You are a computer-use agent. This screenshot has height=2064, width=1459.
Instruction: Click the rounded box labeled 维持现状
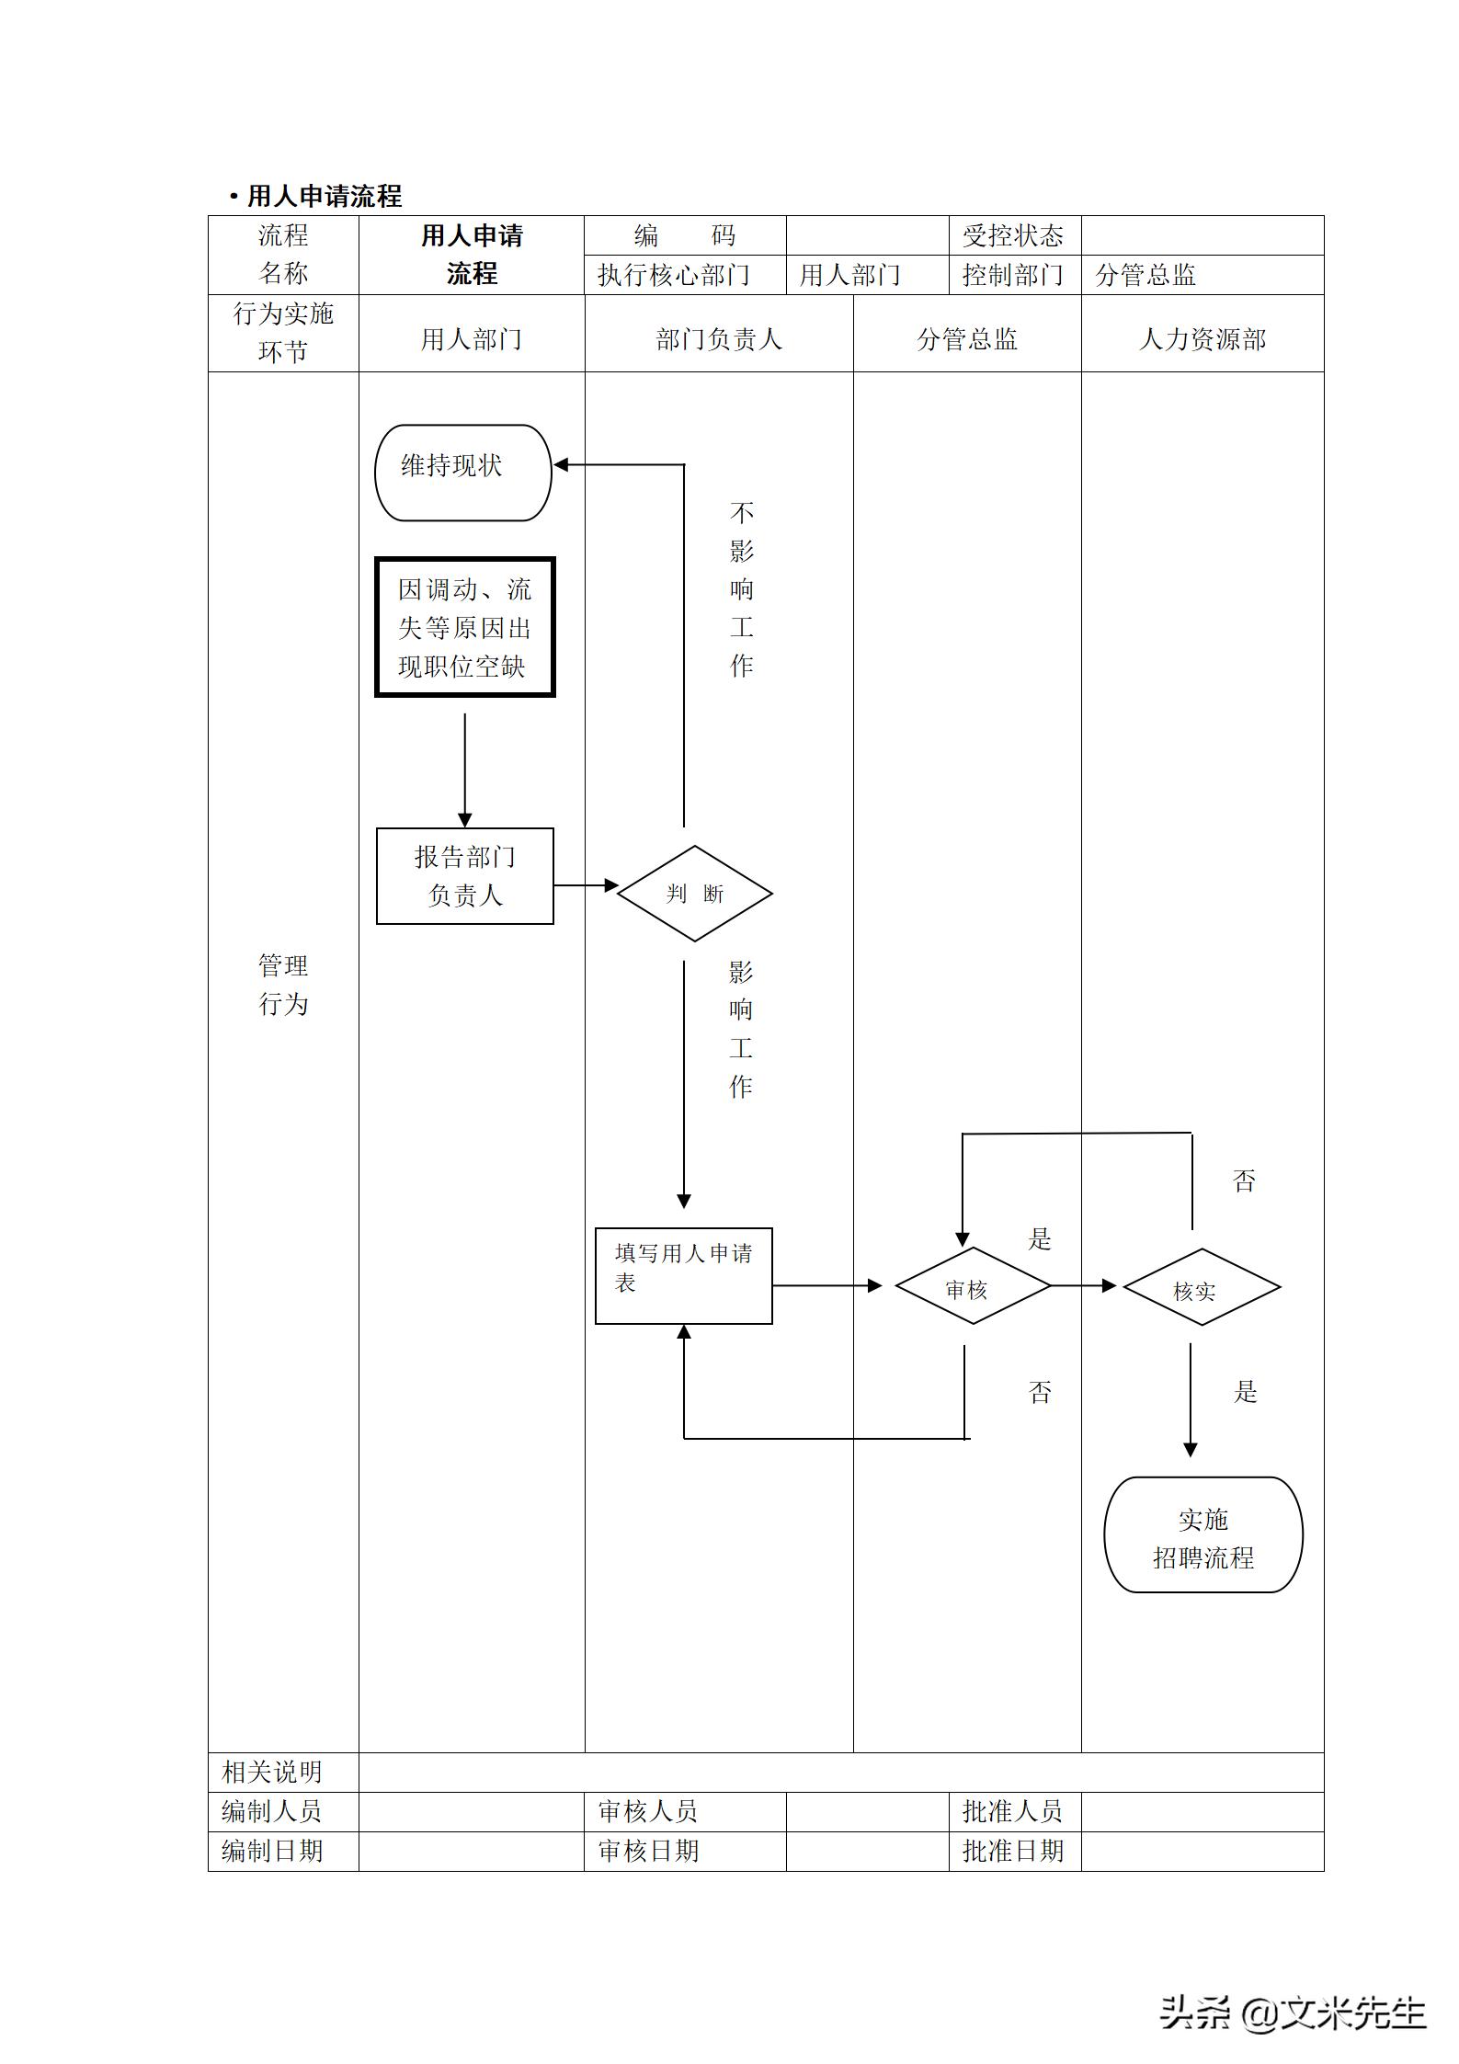tap(462, 473)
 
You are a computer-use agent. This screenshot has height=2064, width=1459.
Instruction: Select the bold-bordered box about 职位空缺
tap(465, 627)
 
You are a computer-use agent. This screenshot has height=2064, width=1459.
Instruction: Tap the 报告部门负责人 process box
tap(465, 875)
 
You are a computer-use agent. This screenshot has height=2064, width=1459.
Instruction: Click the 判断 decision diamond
tap(694, 893)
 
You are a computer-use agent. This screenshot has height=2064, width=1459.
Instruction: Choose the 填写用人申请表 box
tap(683, 1275)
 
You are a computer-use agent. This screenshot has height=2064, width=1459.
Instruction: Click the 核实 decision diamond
tap(1201, 1286)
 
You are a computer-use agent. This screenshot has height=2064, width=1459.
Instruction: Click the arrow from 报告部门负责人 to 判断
tap(586, 885)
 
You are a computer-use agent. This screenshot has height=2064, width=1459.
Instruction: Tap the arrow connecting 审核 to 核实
tap(1083, 1285)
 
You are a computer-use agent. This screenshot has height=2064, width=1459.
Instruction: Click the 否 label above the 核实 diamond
tap(1244, 1181)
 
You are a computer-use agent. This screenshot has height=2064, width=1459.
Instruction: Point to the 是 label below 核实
tap(1245, 1392)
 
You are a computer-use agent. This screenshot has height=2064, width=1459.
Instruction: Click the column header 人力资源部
tap(1202, 340)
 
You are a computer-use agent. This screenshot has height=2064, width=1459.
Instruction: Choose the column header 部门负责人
tap(718, 340)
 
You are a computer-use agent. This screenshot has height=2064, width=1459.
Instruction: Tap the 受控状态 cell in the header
tap(1012, 236)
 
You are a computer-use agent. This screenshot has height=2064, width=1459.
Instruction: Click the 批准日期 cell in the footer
tap(1012, 1851)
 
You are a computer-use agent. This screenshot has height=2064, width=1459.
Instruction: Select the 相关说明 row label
tap(272, 1772)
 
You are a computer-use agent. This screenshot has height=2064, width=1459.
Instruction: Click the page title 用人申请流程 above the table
tap(324, 197)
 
